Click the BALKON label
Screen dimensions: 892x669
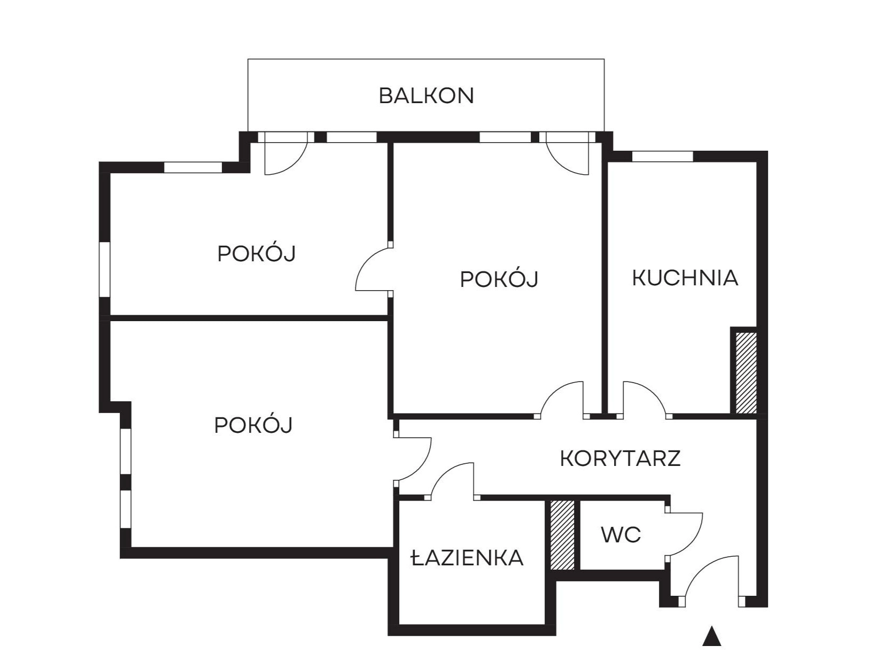426,96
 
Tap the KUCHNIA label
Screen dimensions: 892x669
685,278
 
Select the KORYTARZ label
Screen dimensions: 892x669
620,458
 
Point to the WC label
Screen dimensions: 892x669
621,535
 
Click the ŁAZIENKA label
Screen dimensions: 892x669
467,557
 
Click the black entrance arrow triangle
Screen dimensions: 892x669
711,636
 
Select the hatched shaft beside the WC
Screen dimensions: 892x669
562,534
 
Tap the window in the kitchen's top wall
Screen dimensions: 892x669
662,157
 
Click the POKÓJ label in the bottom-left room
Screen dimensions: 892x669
253,425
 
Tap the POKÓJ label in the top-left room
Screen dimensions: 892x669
257,253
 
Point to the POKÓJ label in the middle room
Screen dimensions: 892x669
499,279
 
